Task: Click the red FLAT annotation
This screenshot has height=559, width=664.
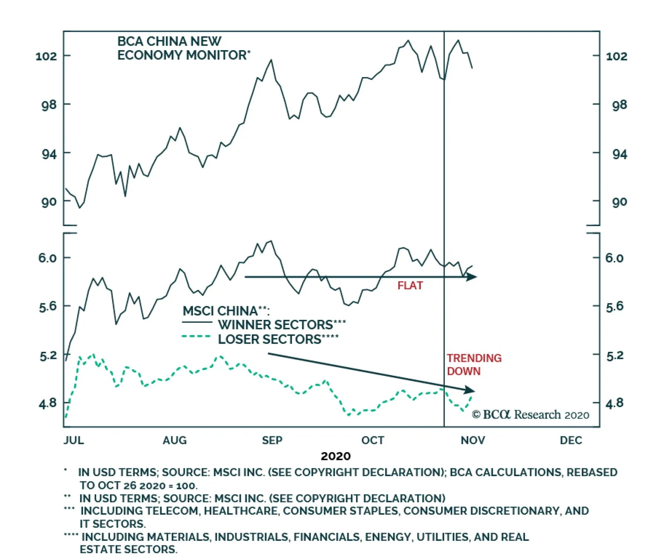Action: [410, 286]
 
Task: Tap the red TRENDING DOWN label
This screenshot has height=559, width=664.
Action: [474, 364]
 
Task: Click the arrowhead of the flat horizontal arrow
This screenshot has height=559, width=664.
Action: [472, 277]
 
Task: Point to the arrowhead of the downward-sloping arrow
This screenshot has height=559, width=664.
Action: [470, 390]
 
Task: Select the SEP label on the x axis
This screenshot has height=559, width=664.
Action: [272, 440]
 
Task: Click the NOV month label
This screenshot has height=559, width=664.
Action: [473, 440]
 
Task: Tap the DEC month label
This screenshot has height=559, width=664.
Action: [571, 440]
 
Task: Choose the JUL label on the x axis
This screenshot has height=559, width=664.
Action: [74, 440]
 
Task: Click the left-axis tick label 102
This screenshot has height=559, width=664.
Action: [46, 56]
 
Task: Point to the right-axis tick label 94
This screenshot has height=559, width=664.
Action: [620, 155]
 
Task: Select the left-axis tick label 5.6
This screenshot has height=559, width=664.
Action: [47, 307]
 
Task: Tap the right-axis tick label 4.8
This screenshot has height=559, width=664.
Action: [614, 403]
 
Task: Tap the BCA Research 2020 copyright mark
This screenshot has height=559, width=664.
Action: [530, 414]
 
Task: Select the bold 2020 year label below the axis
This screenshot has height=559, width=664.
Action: [335, 456]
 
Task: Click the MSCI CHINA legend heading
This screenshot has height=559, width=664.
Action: [226, 311]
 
